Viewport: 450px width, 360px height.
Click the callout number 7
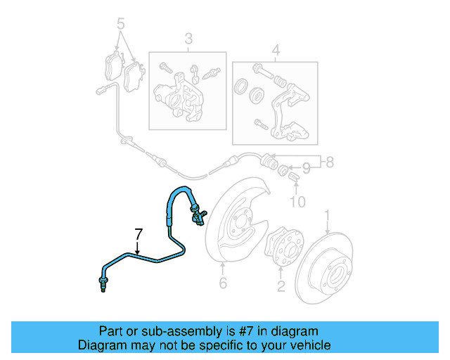(x=139, y=233)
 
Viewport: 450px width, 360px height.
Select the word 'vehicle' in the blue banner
(x=311, y=345)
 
